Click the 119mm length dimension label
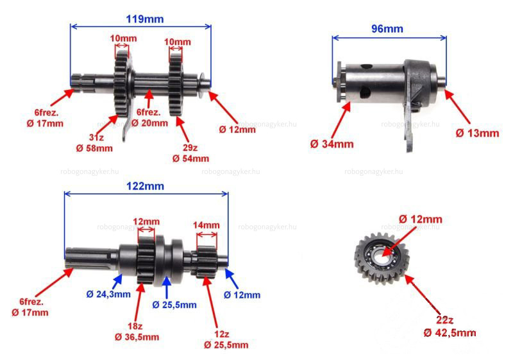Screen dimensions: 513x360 (145, 19)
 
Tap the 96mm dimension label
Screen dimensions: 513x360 (387, 29)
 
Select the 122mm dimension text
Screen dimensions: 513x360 (145, 186)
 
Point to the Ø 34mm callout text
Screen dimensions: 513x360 (332, 144)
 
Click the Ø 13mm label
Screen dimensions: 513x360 (477, 133)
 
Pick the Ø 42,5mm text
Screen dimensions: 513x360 (450, 333)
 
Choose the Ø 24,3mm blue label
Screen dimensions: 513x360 (108, 294)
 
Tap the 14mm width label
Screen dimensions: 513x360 (206, 225)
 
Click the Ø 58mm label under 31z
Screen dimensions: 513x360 (94, 148)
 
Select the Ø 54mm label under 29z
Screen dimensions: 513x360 (190, 159)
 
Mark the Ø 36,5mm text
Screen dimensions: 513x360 (137, 337)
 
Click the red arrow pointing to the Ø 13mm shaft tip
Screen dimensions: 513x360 (457, 107)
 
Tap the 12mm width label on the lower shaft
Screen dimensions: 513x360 (146, 221)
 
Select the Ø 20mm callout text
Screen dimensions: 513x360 (149, 123)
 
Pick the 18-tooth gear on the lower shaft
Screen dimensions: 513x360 (146, 260)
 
